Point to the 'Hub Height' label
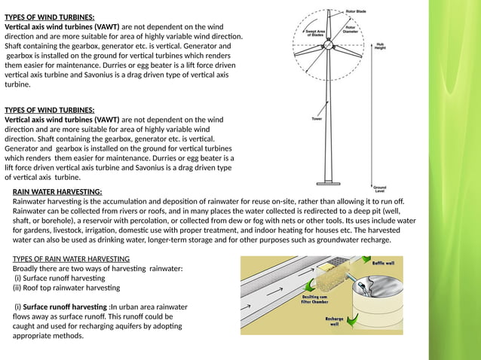[x=381, y=46]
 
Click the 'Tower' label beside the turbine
[x=317, y=118]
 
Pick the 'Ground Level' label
[x=379, y=188]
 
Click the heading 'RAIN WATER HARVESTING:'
[x=57, y=192]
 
